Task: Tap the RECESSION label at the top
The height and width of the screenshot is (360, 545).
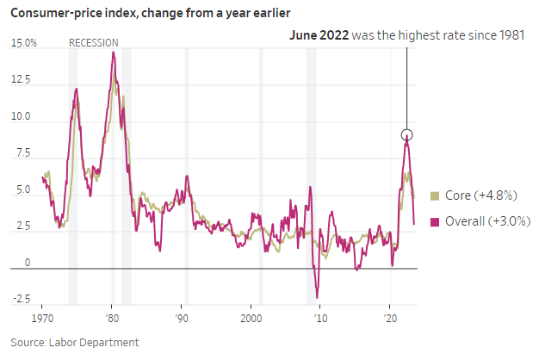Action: tap(93, 43)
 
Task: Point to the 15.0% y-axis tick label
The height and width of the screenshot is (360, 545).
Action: tap(23, 43)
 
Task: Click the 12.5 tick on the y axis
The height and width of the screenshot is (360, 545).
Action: tap(22, 80)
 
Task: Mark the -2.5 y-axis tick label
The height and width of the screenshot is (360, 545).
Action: tap(22, 300)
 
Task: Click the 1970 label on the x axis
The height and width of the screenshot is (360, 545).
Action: tap(43, 320)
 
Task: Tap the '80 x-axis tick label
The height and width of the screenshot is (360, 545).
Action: tap(112, 320)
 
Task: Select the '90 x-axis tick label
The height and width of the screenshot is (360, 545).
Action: tap(182, 320)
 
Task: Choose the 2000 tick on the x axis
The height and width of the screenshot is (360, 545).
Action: tap(251, 320)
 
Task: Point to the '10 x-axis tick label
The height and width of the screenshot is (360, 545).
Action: tap(320, 320)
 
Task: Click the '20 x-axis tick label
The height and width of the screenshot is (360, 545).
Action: tap(389, 320)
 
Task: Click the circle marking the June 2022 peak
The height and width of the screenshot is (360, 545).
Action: tap(407, 134)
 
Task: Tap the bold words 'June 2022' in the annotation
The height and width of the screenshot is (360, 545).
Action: tap(319, 35)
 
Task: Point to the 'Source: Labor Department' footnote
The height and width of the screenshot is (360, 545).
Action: tap(75, 343)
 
